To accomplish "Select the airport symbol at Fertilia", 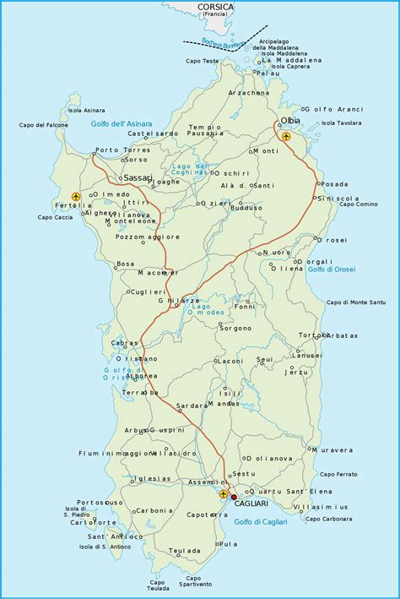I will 77,197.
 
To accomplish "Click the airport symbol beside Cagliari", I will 223,493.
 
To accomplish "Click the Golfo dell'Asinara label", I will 122,123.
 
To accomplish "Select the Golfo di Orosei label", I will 332,269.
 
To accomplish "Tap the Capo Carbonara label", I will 329,518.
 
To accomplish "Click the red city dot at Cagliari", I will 234,498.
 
